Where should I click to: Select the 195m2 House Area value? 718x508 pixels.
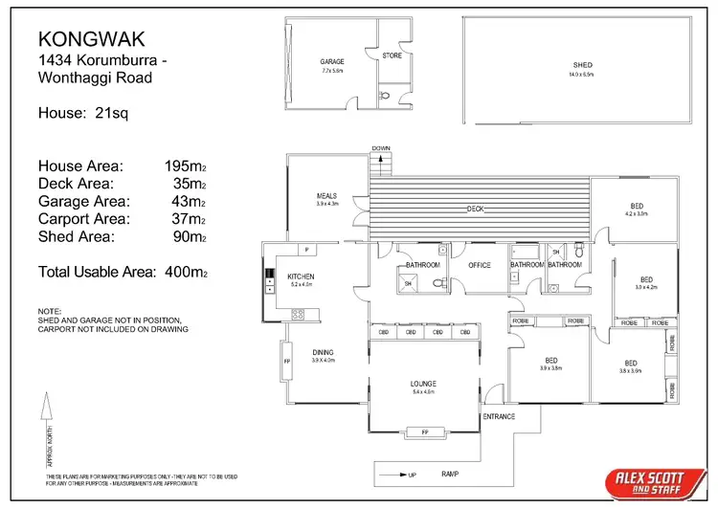coord(187,166)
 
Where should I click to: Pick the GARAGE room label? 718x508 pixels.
coord(332,61)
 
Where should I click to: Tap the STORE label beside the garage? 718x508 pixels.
coord(392,55)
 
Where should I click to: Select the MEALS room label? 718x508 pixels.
coord(327,196)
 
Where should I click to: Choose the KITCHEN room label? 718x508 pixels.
coord(300,277)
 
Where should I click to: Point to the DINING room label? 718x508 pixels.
coord(323,352)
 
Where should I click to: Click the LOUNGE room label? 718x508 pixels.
coord(423,384)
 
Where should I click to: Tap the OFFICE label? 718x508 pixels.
coord(479,265)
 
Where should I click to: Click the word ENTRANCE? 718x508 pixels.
coord(499,416)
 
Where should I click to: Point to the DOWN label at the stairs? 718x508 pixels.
coord(382,148)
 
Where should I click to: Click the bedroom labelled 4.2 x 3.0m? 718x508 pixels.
coord(637,210)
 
